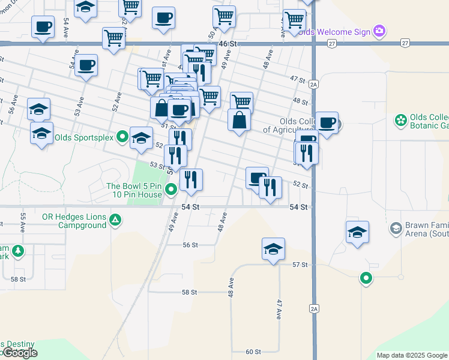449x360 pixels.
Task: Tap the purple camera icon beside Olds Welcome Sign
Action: click(379, 31)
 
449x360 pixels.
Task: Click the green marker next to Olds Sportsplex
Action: click(122, 137)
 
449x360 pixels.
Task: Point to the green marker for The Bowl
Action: click(171, 190)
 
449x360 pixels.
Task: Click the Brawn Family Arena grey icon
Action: click(396, 228)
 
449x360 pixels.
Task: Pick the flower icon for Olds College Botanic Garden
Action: click(400, 121)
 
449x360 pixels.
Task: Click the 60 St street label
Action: click(253, 352)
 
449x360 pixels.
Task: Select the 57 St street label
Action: click(300, 265)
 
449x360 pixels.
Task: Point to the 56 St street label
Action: click(190, 245)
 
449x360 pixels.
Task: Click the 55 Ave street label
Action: click(23, 223)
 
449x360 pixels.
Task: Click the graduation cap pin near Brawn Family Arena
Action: click(357, 233)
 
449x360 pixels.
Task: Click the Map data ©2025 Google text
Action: click(411, 355)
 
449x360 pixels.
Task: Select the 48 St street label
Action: click(300, 101)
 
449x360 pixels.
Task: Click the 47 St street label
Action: click(298, 79)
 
